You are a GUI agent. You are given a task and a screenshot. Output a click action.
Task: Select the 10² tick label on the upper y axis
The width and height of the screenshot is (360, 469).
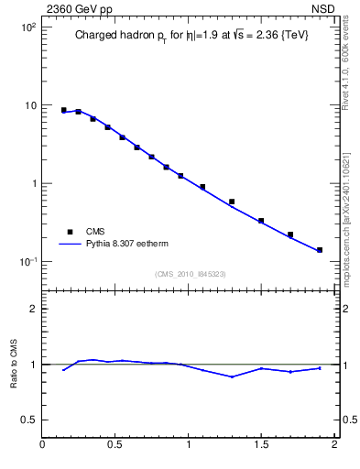click(27, 27)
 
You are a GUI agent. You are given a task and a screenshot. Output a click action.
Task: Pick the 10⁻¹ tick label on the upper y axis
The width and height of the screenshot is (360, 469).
click(27, 262)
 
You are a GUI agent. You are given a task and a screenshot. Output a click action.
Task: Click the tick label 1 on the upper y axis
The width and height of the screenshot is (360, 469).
click(32, 183)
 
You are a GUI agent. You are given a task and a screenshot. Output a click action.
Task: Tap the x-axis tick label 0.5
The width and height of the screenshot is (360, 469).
click(115, 446)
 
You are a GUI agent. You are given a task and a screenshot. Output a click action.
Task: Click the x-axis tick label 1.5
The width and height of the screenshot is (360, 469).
click(261, 446)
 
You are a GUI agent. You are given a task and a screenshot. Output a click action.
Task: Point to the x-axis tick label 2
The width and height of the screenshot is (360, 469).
click(334, 446)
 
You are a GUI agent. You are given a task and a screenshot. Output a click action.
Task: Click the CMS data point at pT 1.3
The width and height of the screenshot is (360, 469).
click(232, 202)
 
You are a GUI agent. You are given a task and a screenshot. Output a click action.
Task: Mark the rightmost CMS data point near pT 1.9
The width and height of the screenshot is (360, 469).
click(320, 249)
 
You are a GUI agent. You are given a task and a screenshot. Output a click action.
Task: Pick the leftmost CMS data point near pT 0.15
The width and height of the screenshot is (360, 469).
click(64, 110)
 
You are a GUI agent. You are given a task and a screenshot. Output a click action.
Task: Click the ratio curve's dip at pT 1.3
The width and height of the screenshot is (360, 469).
click(232, 376)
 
